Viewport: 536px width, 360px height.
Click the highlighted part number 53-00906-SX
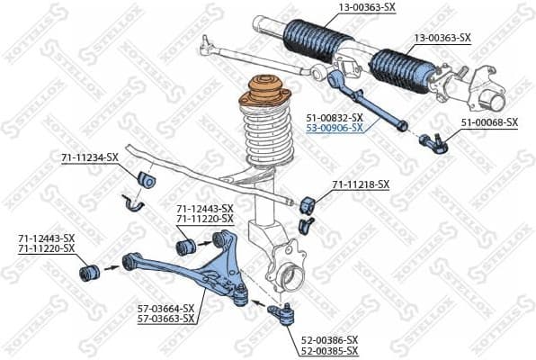click(x=334, y=129)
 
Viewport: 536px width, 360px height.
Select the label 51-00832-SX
click(x=334, y=118)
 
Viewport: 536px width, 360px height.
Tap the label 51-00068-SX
click(x=489, y=121)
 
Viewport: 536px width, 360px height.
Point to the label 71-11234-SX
click(x=89, y=157)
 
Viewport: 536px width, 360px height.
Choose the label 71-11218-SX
click(x=361, y=184)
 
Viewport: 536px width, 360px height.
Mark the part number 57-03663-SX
click(x=167, y=319)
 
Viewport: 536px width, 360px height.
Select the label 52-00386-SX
click(x=329, y=339)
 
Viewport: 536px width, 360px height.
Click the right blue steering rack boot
click(x=396, y=68)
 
